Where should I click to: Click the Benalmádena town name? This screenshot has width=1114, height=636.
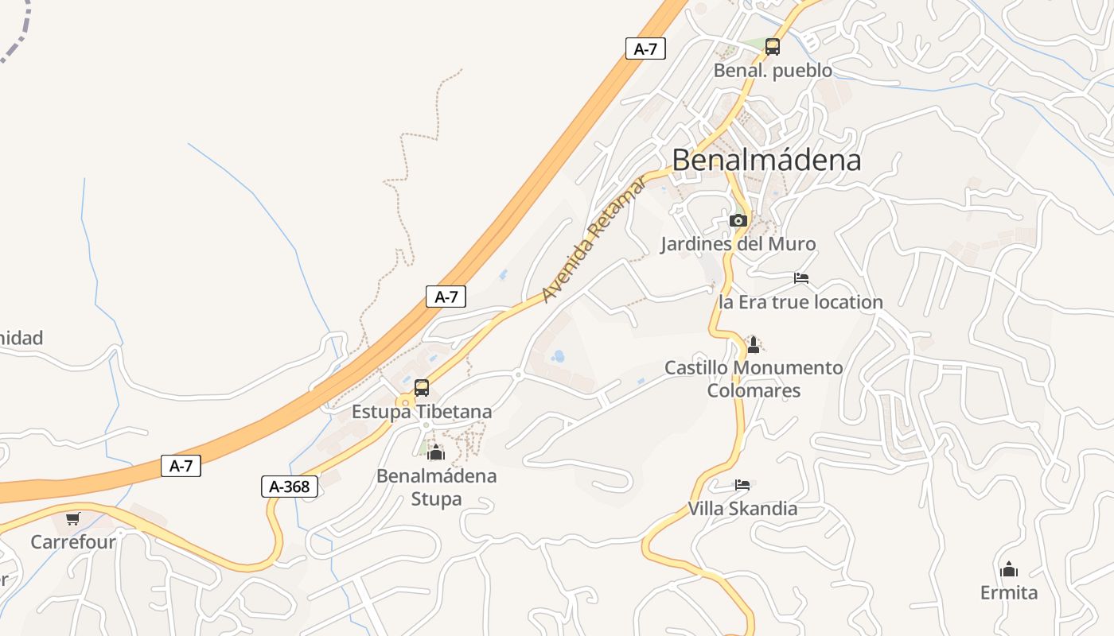[766, 161]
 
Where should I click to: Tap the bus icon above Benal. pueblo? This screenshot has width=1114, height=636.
[772, 47]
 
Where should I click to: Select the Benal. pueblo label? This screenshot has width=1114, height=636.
[773, 71]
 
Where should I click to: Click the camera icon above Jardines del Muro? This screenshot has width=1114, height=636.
[738, 220]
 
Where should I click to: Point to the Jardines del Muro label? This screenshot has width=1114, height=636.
[738, 244]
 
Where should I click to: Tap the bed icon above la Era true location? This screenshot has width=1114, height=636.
[801, 278]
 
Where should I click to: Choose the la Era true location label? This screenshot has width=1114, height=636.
[800, 302]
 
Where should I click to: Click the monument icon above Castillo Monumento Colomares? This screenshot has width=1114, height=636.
[754, 344]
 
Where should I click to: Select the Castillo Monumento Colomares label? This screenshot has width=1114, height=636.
[754, 379]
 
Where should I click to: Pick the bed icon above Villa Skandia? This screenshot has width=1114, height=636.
[742, 484]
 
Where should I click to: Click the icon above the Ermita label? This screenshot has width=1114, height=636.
[1009, 569]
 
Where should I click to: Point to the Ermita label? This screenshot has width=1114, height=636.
[1009, 593]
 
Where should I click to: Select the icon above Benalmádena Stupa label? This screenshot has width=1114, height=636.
[436, 453]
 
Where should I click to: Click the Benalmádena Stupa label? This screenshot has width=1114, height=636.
[436, 487]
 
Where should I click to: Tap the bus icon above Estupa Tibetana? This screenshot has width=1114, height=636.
[422, 388]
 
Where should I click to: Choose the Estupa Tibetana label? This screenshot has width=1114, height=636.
[422, 412]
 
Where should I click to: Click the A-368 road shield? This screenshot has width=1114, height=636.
[290, 487]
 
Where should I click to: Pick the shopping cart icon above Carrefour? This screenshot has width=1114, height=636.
[72, 518]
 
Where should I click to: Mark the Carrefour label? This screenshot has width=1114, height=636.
[73, 542]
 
